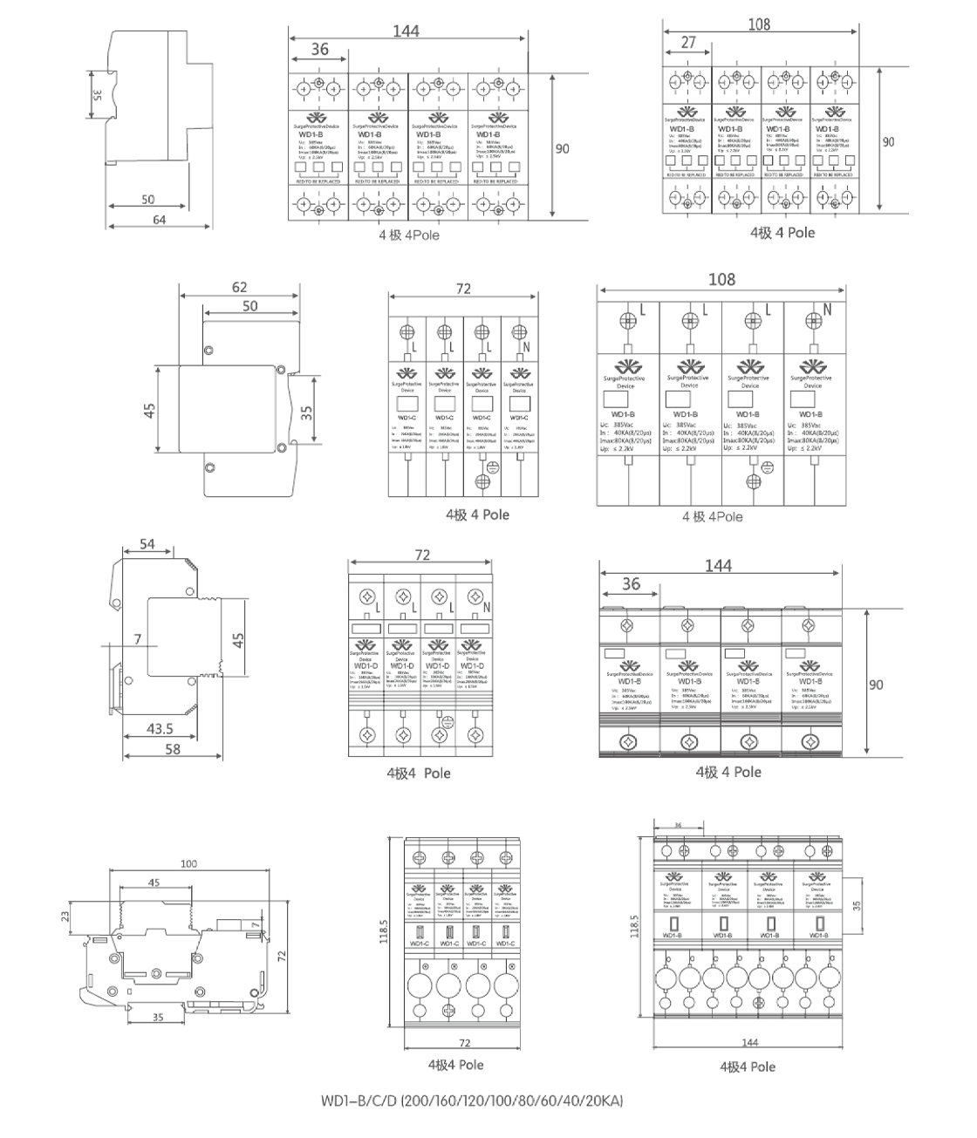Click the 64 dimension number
[x=159, y=220]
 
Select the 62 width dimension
[x=239, y=287]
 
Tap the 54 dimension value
[x=147, y=544]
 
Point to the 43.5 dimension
[x=159, y=728]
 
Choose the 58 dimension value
[x=172, y=748]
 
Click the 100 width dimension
[x=188, y=863]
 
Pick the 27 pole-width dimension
[x=688, y=42]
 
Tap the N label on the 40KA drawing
[x=827, y=310]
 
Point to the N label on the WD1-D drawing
[x=487, y=607]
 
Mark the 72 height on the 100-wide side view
[x=282, y=956]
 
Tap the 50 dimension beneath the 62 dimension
[x=249, y=306]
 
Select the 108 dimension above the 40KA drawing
[x=721, y=279]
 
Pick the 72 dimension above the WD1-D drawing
[x=422, y=555]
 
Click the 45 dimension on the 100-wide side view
[x=154, y=882]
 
